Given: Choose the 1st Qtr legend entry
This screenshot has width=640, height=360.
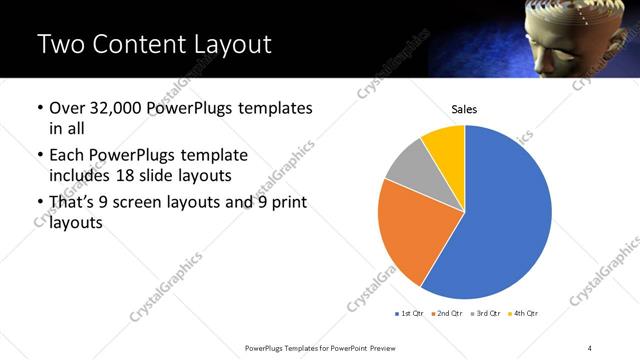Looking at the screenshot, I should point(410,314).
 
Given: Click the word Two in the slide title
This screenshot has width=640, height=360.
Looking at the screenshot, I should point(62,44).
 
